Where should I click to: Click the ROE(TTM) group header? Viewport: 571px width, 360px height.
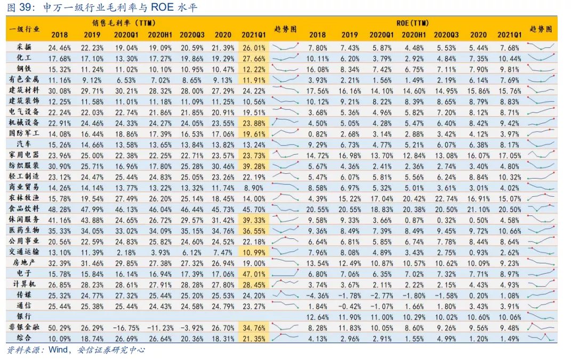413,24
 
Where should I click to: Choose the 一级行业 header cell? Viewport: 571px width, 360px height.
25,29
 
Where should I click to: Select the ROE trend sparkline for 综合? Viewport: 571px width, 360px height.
541,338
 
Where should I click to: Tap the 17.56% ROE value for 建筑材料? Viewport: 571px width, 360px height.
317,90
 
